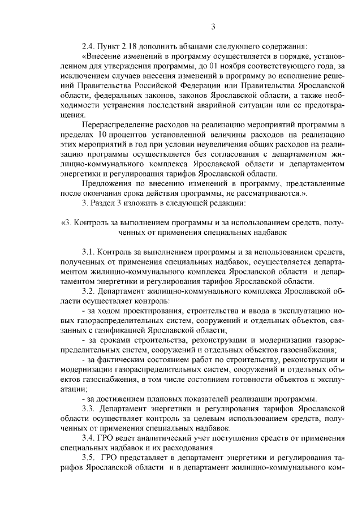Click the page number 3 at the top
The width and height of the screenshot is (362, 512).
[213, 27]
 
